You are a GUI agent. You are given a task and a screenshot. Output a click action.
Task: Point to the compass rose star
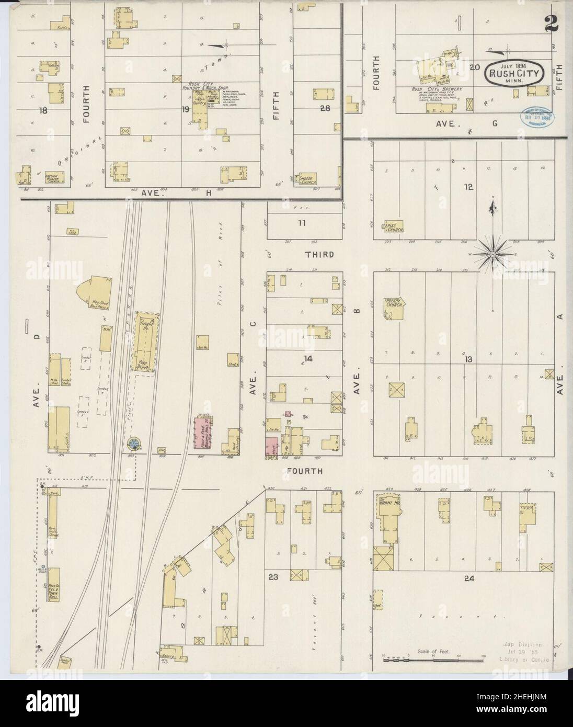point(492,254)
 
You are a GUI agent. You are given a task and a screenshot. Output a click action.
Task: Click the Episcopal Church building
point(393,227)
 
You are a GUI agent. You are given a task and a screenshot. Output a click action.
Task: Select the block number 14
point(308,358)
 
